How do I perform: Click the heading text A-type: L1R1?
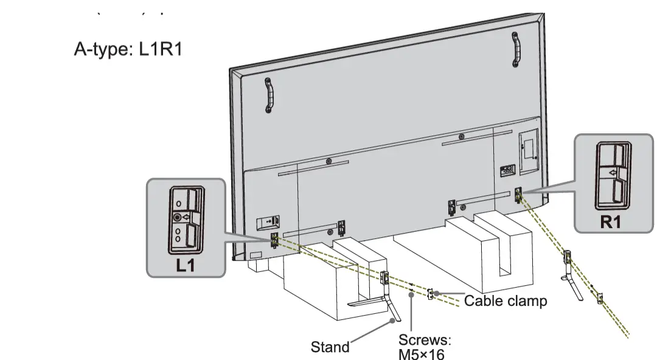[128, 49]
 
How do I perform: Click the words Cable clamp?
[506, 300]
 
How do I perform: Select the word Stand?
[330, 347]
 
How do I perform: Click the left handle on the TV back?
[269, 95]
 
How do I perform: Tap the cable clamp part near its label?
[431, 294]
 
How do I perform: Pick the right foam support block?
[487, 249]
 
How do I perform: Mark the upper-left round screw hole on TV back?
[328, 162]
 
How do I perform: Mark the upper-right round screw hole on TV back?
[462, 136]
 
